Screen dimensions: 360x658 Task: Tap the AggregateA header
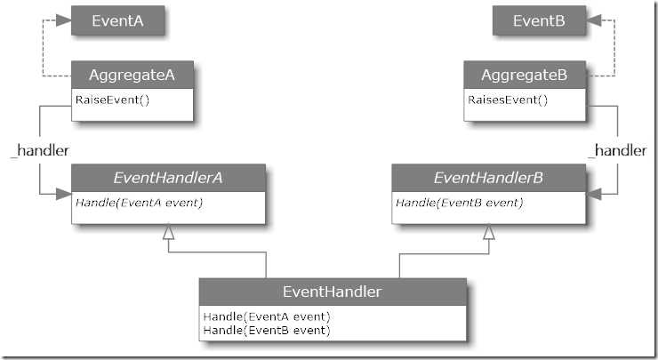tap(132, 76)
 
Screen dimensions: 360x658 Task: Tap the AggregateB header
tap(524, 76)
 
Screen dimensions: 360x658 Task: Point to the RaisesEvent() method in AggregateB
tap(508, 100)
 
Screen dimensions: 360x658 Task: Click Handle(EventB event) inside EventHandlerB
tap(459, 203)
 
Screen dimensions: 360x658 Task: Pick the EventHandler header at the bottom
tap(332, 291)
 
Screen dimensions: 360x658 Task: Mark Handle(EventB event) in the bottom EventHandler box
tap(267, 330)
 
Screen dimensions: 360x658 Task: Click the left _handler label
tap(40, 151)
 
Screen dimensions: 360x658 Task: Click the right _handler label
tap(617, 151)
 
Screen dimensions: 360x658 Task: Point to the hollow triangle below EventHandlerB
tap(488, 232)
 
